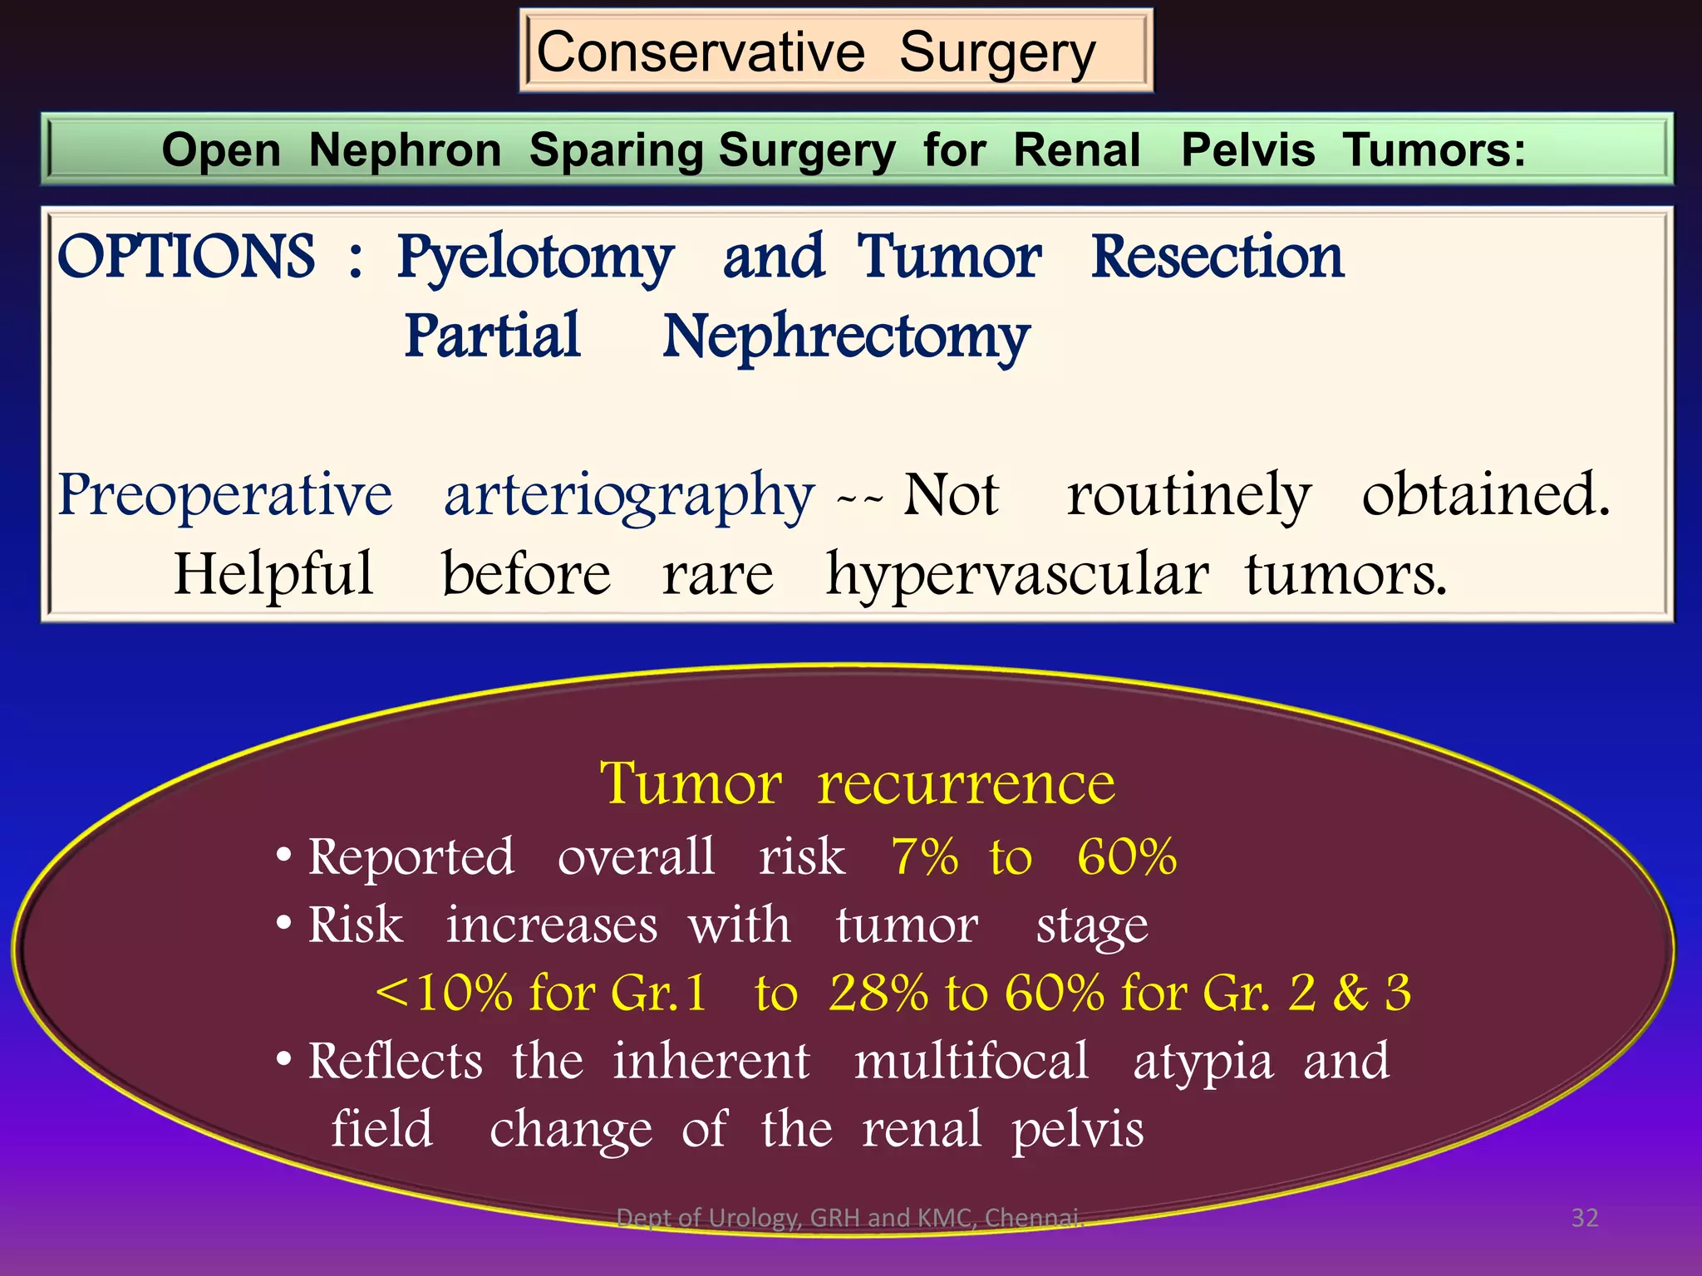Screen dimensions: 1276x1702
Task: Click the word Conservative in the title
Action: [x=701, y=52]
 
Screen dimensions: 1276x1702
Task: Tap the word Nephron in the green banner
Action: [x=405, y=150]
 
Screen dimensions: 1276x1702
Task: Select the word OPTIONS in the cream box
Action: [x=186, y=257]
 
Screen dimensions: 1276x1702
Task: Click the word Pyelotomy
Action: [x=536, y=258]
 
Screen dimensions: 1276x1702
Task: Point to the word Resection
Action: [x=1217, y=257]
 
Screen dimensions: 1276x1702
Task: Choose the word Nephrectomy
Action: [x=846, y=338]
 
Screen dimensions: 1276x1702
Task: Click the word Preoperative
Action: [x=225, y=494]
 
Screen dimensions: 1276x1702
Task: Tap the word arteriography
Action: [x=628, y=496]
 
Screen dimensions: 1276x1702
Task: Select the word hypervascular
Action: [x=1017, y=575]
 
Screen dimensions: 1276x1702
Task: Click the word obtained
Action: [x=1486, y=494]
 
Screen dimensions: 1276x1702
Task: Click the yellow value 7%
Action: [x=924, y=856]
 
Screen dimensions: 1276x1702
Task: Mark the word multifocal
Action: [x=972, y=1061]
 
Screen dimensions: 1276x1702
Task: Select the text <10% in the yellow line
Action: [x=444, y=993]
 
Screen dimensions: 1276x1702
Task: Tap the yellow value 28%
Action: [x=878, y=993]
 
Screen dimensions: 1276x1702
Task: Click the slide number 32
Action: [x=1584, y=1218]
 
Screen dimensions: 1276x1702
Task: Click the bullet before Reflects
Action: [x=284, y=1061]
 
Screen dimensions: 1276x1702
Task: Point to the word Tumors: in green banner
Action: [x=1434, y=150]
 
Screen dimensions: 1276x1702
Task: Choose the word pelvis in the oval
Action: [x=1077, y=1131]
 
